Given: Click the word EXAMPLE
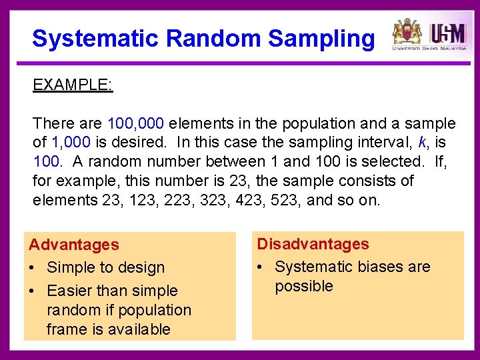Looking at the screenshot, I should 72,85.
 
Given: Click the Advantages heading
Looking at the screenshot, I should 73,245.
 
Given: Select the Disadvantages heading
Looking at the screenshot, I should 313,244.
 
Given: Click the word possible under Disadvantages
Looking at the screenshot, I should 303,286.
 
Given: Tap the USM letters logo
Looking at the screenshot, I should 447,32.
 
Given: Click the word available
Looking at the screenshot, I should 137,329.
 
